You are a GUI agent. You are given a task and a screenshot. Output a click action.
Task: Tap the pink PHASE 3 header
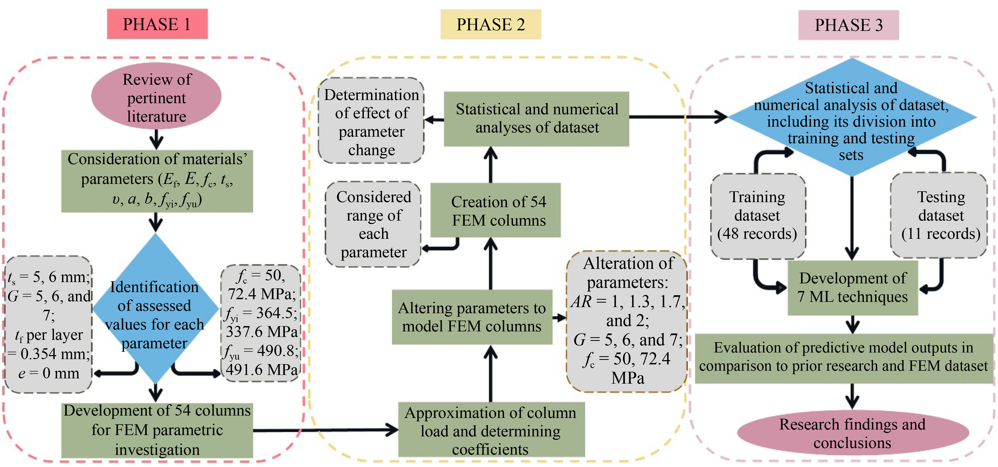[x=849, y=25]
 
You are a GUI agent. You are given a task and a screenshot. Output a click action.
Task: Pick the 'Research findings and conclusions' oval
[x=852, y=433]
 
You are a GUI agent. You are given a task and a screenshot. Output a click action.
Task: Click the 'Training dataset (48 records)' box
[x=757, y=216]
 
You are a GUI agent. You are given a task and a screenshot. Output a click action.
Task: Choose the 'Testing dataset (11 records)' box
[x=940, y=216]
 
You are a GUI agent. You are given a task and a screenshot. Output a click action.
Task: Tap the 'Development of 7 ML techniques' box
[x=852, y=287]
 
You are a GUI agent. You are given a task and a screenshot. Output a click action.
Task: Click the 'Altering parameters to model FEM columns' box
[x=472, y=317]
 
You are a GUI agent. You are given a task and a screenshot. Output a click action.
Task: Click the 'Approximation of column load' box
[x=491, y=430]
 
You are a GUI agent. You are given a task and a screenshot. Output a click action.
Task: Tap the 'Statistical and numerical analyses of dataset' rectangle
[x=536, y=118]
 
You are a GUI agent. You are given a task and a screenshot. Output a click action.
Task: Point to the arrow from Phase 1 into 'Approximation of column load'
[x=326, y=430]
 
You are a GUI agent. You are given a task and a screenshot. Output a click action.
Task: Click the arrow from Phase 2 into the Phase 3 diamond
[x=678, y=116]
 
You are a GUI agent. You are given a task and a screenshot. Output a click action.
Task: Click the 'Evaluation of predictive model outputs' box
[x=844, y=357]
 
